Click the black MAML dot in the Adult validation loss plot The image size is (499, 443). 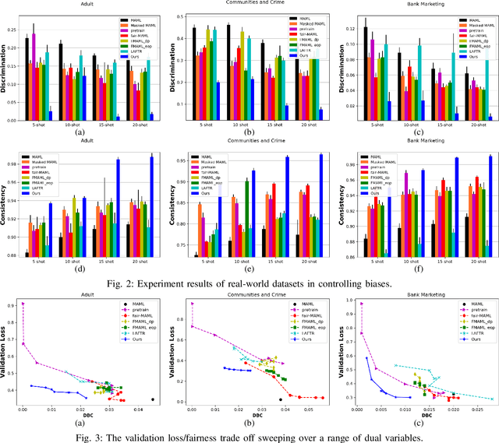tap(152, 399)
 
